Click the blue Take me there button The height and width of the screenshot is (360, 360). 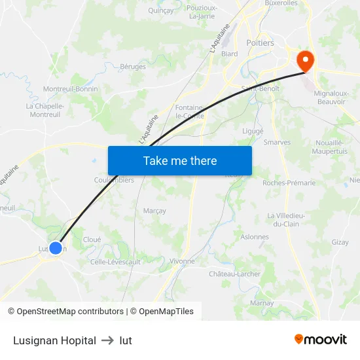coord(180,160)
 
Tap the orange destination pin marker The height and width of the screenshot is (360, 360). coord(305,62)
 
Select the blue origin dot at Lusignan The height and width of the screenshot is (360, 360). coord(56,248)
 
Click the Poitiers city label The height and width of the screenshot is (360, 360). coord(260,43)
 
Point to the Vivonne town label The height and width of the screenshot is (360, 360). coord(182,261)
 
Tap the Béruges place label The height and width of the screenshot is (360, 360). coord(133,66)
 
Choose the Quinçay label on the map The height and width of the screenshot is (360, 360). coord(161,10)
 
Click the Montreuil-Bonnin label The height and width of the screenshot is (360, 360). coord(70,89)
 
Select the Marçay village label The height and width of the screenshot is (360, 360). coord(154,211)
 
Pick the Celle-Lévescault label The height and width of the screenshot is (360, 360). coord(115,262)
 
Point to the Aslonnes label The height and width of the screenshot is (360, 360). coord(255,237)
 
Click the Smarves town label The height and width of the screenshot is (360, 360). coord(277,142)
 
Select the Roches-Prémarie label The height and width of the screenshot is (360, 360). coord(289,183)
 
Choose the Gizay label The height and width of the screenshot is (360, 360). coord(340,242)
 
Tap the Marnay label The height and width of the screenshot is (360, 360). coord(262,303)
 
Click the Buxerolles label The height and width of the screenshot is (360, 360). coord(281,3)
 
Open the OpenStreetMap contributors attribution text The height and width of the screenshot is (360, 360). coord(70,312)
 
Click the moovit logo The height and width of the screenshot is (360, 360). coord(321,339)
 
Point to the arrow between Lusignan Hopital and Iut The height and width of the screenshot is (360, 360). coord(108,340)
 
